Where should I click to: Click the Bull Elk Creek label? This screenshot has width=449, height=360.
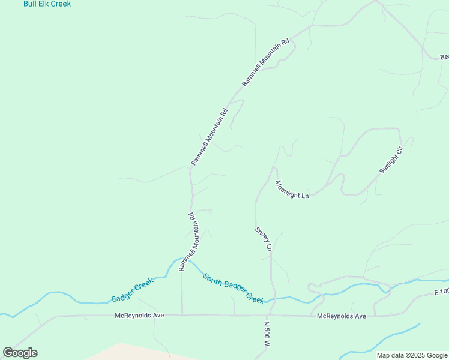click(47, 4)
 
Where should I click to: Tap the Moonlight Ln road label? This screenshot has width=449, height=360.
click(292, 190)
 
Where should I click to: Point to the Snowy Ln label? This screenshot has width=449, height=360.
click(264, 239)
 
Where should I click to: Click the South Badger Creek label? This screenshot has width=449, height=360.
click(234, 288)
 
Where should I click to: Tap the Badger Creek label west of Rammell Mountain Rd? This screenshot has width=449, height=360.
click(133, 290)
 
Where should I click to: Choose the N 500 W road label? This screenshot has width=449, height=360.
click(267, 335)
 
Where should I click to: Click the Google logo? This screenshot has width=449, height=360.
click(20, 353)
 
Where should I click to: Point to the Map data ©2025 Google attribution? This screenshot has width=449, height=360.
click(412, 355)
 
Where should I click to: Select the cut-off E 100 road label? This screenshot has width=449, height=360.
click(441, 292)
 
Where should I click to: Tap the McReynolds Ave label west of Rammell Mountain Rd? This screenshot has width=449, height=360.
click(139, 315)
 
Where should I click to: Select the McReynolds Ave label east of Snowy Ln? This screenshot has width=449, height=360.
click(341, 316)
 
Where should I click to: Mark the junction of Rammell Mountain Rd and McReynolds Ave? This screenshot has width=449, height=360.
click(182, 315)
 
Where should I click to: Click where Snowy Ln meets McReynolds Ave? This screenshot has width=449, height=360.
click(271, 315)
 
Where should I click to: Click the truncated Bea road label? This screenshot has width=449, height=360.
click(444, 57)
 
